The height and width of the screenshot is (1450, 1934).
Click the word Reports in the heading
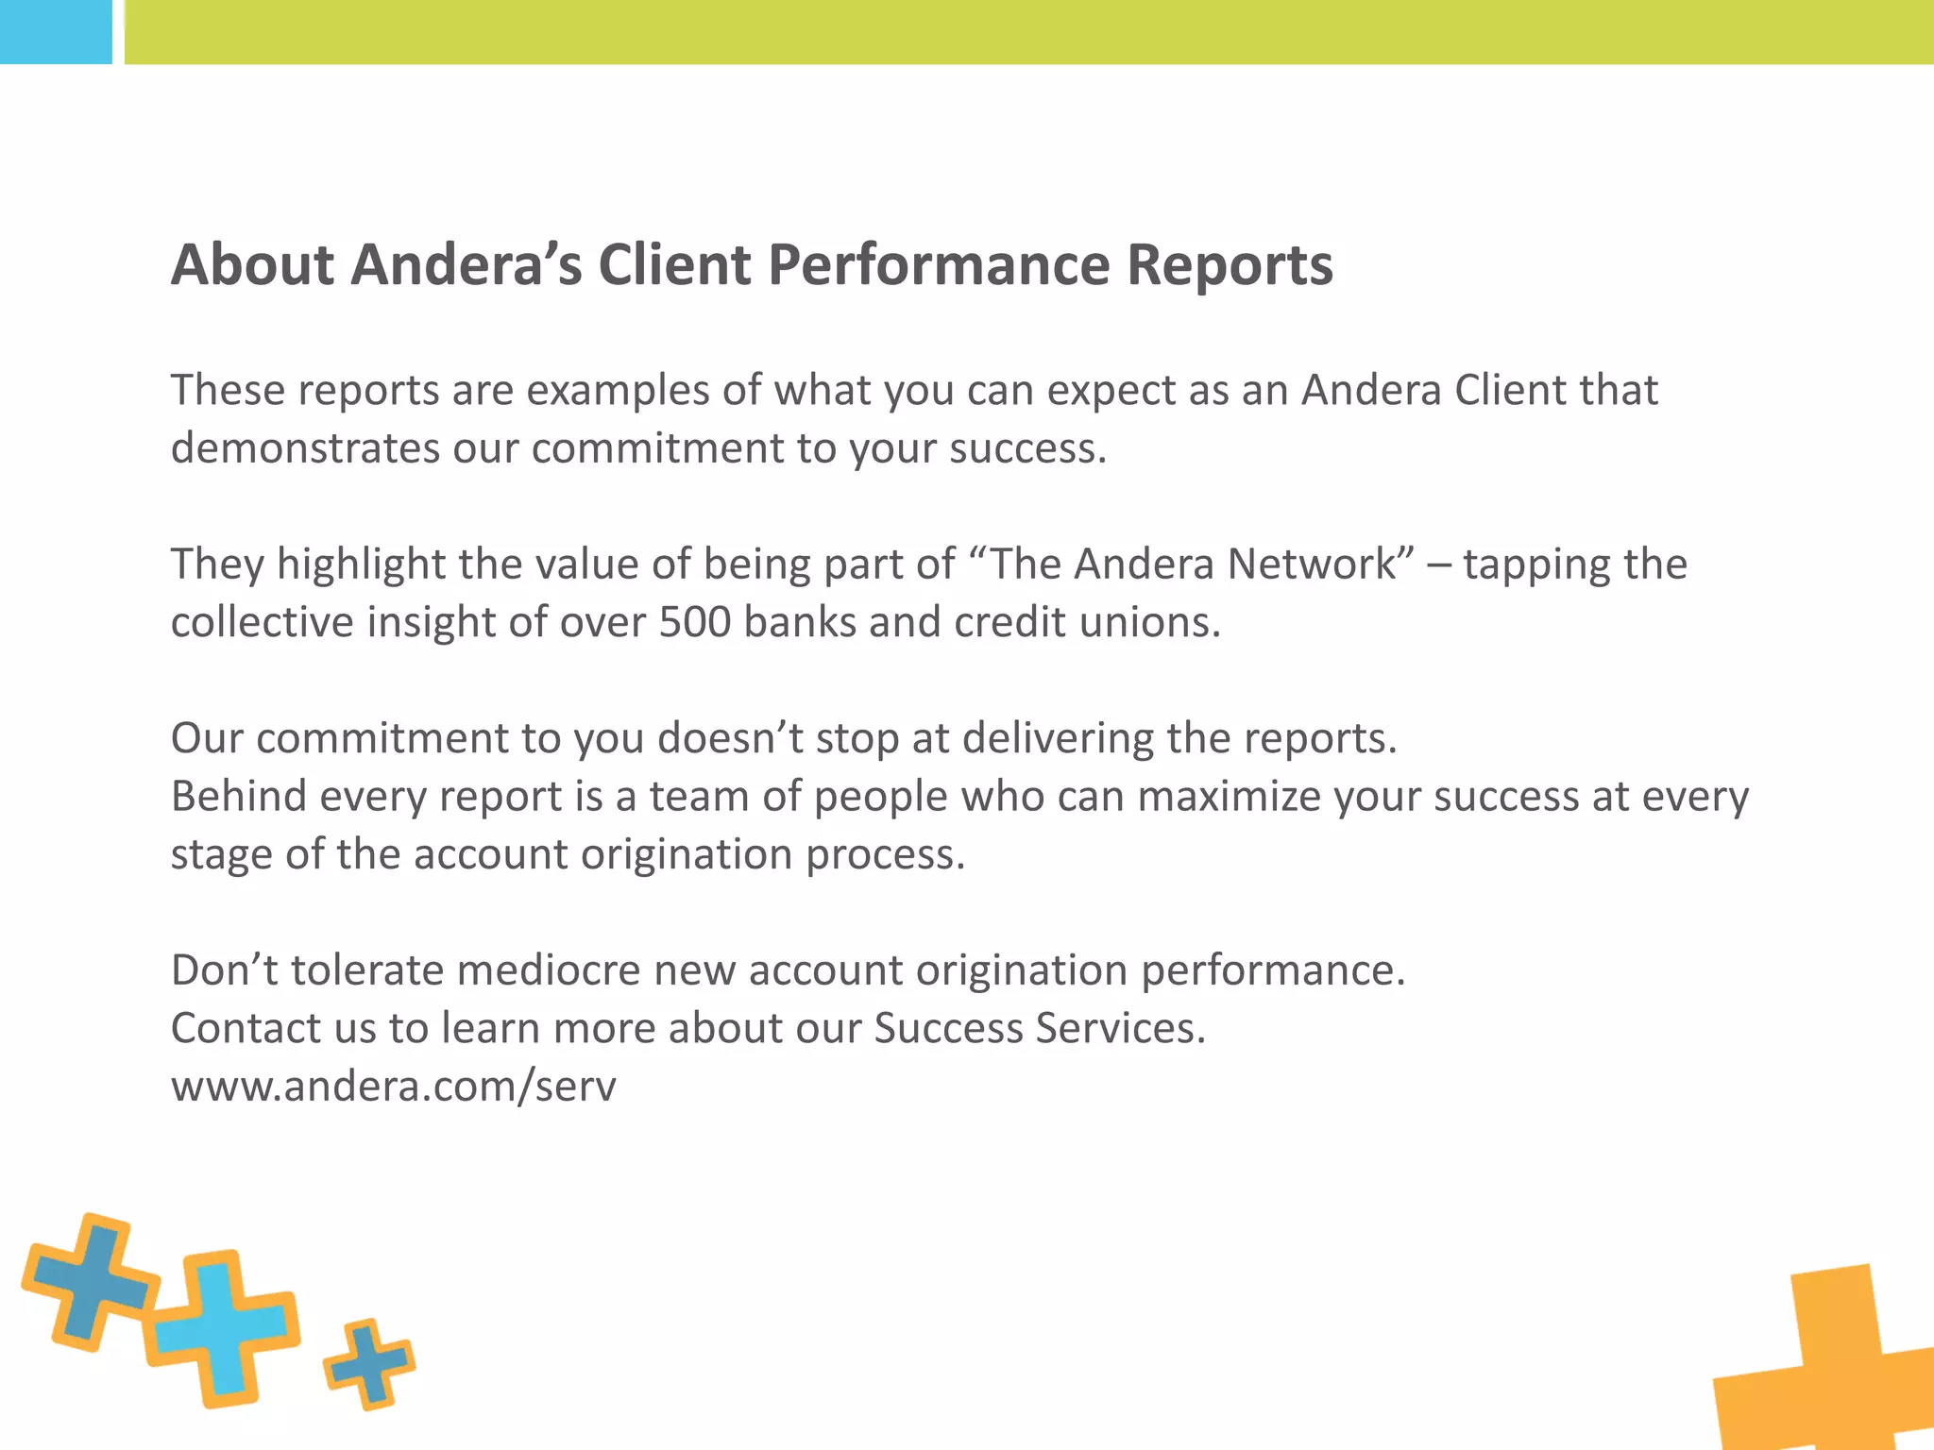(x=1230, y=265)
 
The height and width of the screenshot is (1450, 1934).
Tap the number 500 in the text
(x=694, y=622)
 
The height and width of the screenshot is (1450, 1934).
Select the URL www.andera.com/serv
(x=393, y=1087)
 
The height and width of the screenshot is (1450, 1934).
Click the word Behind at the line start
(x=239, y=796)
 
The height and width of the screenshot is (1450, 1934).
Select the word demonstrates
(x=305, y=448)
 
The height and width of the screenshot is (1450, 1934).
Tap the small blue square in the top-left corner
(x=55, y=31)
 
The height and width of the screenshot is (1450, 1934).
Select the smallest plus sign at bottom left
(x=369, y=1363)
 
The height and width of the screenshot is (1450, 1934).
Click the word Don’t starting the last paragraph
(x=224, y=970)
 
